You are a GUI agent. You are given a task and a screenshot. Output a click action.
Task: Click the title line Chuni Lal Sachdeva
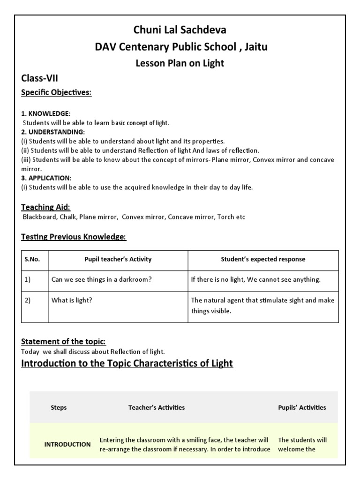(x=180, y=30)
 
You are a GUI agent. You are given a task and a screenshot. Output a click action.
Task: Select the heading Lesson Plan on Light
(x=180, y=63)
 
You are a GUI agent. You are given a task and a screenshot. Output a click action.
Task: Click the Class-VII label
(x=40, y=78)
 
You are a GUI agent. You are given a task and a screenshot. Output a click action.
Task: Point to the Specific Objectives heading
(x=56, y=92)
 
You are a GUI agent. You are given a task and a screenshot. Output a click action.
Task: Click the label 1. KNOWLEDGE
(x=45, y=114)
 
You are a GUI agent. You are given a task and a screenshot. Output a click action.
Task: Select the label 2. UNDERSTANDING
(x=52, y=132)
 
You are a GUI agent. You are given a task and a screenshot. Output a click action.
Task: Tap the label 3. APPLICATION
(x=46, y=178)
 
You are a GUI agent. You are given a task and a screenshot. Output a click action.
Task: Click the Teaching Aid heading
(x=46, y=207)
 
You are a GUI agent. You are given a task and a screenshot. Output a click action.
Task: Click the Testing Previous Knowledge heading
(x=74, y=237)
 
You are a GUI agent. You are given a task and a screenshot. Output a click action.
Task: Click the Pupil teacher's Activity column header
(x=118, y=259)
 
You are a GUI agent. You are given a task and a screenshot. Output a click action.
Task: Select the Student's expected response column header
(x=263, y=259)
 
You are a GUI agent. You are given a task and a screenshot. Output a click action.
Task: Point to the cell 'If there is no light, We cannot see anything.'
(x=256, y=280)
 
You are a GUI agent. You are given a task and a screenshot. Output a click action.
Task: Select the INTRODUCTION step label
(x=67, y=444)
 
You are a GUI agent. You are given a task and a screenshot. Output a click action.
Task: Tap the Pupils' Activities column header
(x=302, y=407)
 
